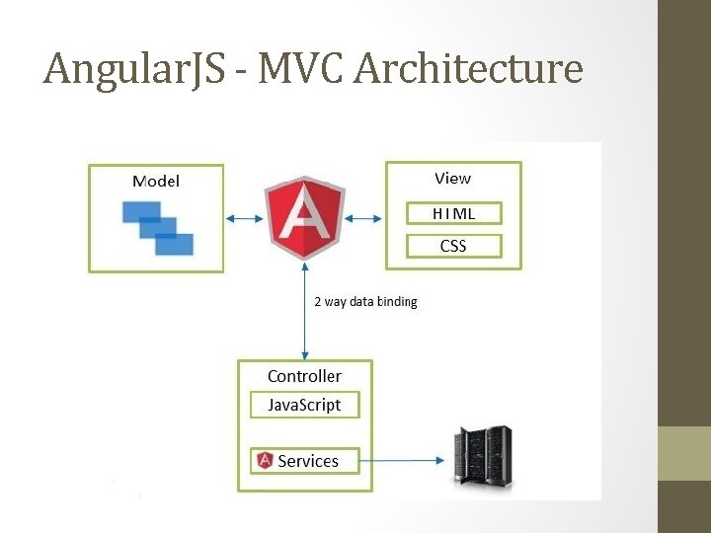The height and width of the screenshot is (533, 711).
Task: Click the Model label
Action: [x=156, y=181]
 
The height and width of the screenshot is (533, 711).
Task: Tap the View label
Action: [x=452, y=179]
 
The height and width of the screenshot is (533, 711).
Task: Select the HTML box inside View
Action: [x=453, y=212]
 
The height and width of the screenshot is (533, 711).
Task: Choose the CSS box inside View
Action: [x=453, y=246]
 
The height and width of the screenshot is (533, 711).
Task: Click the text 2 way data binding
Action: [x=365, y=301]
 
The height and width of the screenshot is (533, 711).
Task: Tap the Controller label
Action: [x=304, y=376]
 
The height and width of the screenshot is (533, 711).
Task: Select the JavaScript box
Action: [x=304, y=405]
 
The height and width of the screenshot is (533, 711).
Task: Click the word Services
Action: [x=308, y=461]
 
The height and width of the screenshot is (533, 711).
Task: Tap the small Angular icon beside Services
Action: [x=265, y=460]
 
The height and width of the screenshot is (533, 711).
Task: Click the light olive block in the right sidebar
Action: [x=684, y=453]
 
